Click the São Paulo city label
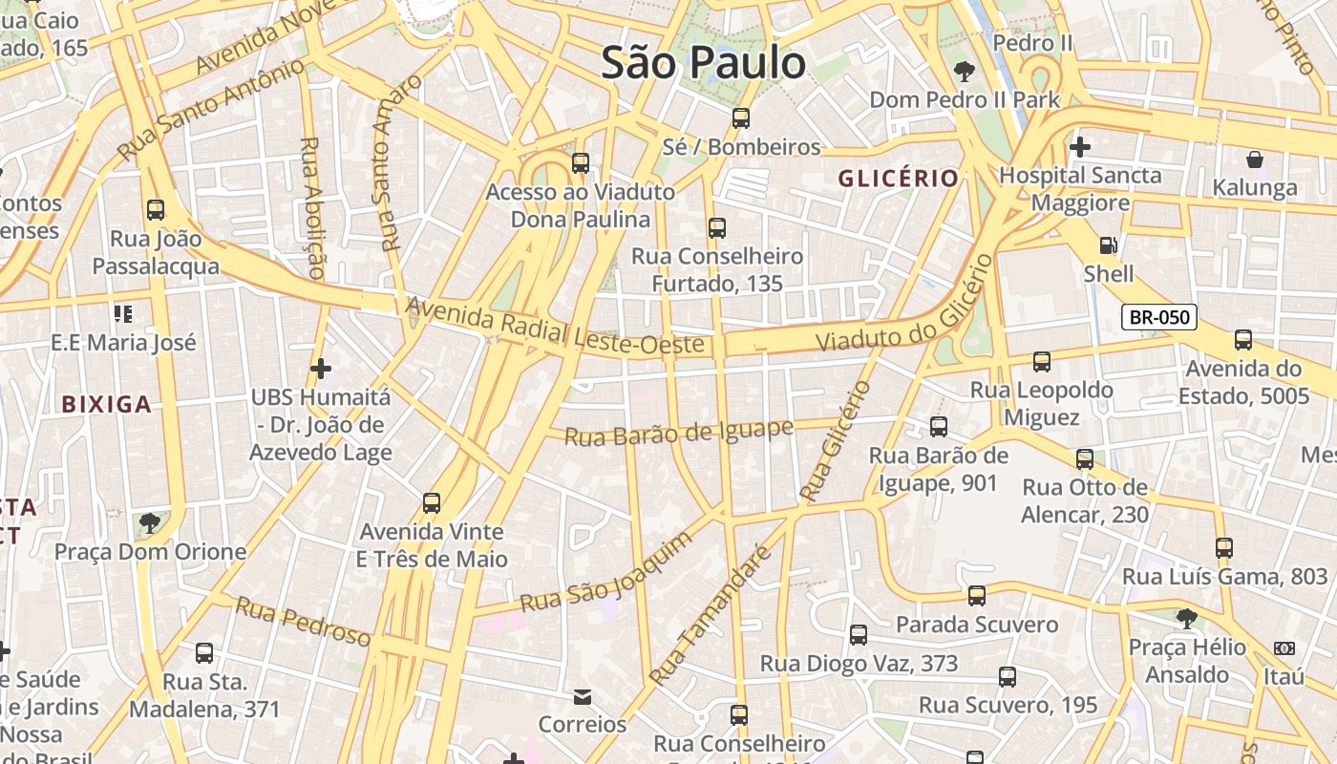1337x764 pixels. coord(704,63)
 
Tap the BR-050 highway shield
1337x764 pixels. coord(1158,317)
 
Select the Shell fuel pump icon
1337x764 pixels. coord(1108,245)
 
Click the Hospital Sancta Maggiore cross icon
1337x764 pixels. coord(1080,147)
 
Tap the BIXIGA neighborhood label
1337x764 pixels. coord(107,404)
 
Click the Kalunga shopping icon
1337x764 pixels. coord(1254,159)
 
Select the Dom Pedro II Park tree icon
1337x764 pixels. coord(965,71)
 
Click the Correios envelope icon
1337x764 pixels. coord(583,697)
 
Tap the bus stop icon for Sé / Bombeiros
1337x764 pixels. coord(741,118)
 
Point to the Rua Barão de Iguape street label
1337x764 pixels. coord(678,433)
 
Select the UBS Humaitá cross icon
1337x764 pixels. coord(321,368)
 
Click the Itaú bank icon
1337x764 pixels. coord(1284,648)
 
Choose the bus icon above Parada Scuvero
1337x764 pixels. coord(976,596)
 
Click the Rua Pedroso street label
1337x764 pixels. coord(303,621)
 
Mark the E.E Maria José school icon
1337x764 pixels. coord(122,313)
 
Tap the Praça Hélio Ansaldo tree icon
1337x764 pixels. coord(1186,619)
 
